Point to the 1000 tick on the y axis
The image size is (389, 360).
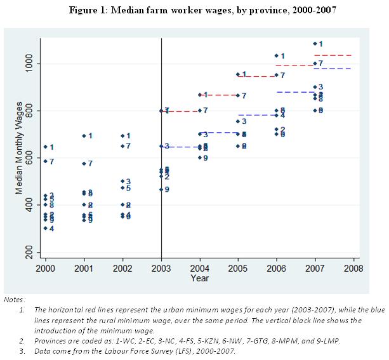point(29,64)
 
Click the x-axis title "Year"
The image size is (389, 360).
point(199,278)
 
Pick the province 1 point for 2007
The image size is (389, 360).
point(315,44)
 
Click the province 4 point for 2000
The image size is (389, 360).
point(45,229)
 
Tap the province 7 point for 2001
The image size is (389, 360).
point(83,164)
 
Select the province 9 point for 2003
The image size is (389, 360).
point(161,189)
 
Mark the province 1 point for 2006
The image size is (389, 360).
point(277,56)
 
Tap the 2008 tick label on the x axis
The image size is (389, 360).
point(353,269)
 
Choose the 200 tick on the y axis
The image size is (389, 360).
point(29,252)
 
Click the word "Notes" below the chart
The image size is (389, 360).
point(14,299)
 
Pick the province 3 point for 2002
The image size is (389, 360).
point(122,182)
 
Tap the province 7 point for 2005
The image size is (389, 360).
point(238,95)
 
